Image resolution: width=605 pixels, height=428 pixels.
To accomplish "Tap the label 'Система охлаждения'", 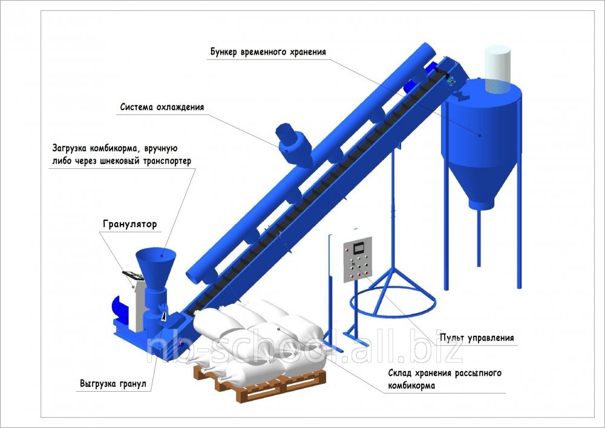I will click(162, 107).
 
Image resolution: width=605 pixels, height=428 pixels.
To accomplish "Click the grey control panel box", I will click(358, 260).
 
